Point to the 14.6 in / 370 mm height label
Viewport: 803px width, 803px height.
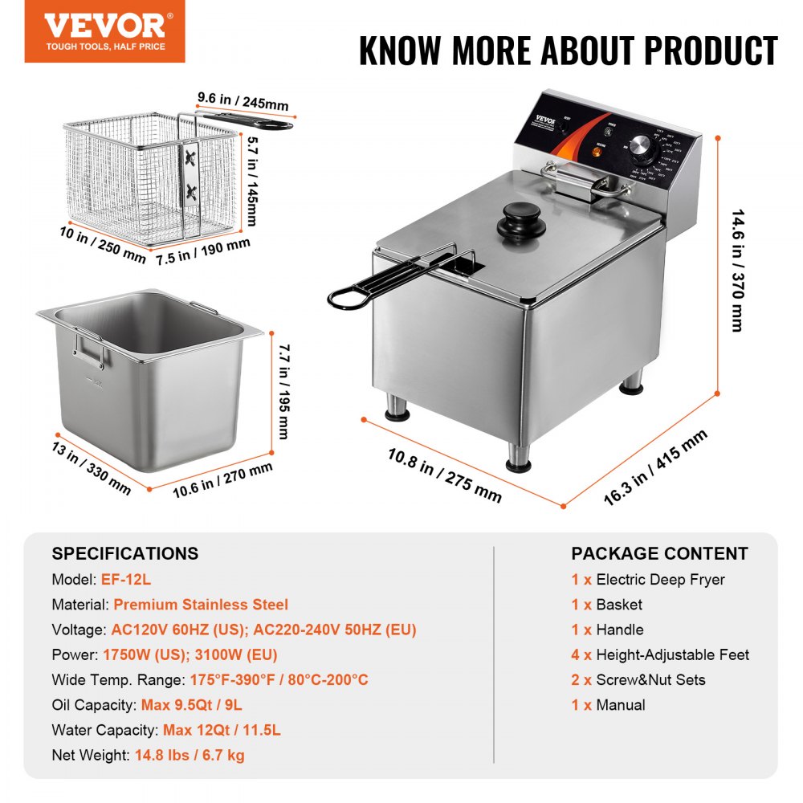(736, 271)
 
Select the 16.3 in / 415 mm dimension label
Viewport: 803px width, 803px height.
(655, 467)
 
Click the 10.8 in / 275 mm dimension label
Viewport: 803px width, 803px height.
(444, 475)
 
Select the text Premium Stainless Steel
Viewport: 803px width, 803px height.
(200, 605)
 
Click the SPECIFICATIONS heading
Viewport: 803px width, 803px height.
(124, 553)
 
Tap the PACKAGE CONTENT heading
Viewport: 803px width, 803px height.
(659, 553)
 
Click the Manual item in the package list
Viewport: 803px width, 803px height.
(620, 705)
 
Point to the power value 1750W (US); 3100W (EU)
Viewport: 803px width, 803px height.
(190, 654)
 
